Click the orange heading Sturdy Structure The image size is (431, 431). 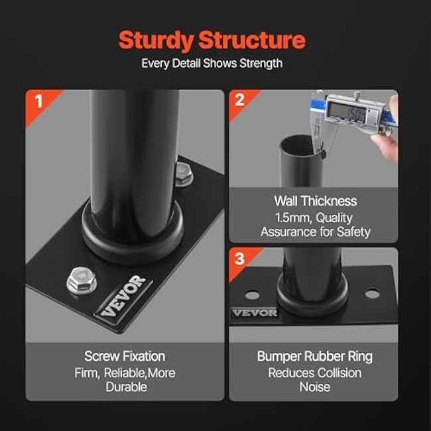point(212,40)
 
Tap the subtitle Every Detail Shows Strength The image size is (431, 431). point(212,64)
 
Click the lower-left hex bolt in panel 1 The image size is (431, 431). point(82,282)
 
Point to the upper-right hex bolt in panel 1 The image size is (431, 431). point(184,174)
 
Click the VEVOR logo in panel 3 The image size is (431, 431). point(255,312)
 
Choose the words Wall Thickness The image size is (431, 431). point(315,201)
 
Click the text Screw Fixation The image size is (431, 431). point(125,356)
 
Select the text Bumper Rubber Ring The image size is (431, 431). point(314,356)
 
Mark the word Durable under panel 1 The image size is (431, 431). point(126,387)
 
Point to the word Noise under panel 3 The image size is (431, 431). point(314,387)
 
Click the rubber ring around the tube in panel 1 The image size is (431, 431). point(133,229)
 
